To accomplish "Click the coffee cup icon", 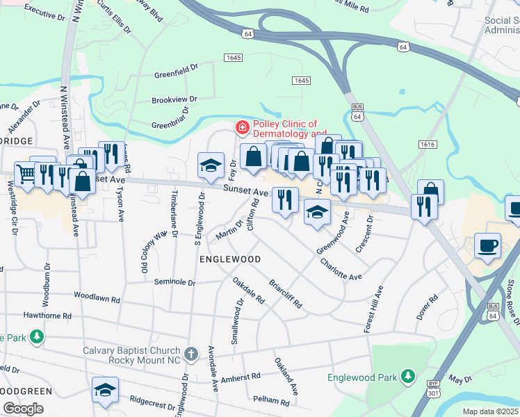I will coord(487,245).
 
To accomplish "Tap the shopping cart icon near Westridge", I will coord(26,173).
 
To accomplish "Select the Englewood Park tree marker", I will coord(409,377).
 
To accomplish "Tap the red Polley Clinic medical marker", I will coord(242,128).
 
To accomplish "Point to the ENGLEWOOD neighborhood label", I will coord(230,259).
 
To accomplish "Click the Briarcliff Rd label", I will coord(286,295).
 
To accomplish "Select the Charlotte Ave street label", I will coord(341,269).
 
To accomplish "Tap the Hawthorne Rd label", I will coord(47,316).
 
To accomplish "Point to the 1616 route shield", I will coord(428,144).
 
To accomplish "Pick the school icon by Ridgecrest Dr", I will coord(105,389).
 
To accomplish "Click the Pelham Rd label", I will coord(271,402).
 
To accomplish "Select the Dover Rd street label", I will coord(427,309).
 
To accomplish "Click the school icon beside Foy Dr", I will coord(211,165).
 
